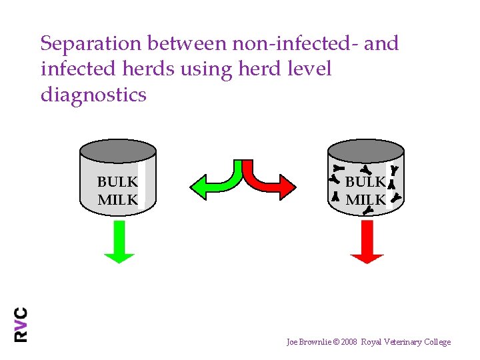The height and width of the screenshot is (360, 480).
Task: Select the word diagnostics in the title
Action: coord(93,95)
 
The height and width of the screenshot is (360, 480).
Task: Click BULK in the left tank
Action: coord(117,182)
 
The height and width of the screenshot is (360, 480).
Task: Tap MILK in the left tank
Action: coord(117,199)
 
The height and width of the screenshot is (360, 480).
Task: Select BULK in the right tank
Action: coord(365,182)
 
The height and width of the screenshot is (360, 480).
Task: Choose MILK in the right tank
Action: coord(365,199)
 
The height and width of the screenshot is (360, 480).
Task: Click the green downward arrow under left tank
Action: coord(119,241)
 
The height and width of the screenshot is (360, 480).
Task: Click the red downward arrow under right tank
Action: coord(367,241)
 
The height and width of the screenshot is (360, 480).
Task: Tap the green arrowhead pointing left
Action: coord(199,187)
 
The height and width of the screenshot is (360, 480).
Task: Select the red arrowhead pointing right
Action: coord(287,187)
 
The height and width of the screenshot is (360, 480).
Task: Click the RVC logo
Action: coord(21,324)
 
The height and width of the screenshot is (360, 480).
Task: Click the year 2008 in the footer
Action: coord(347,342)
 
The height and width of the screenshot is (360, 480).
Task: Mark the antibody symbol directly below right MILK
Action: coord(367,211)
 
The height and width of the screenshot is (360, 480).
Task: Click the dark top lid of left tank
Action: coord(117,149)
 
